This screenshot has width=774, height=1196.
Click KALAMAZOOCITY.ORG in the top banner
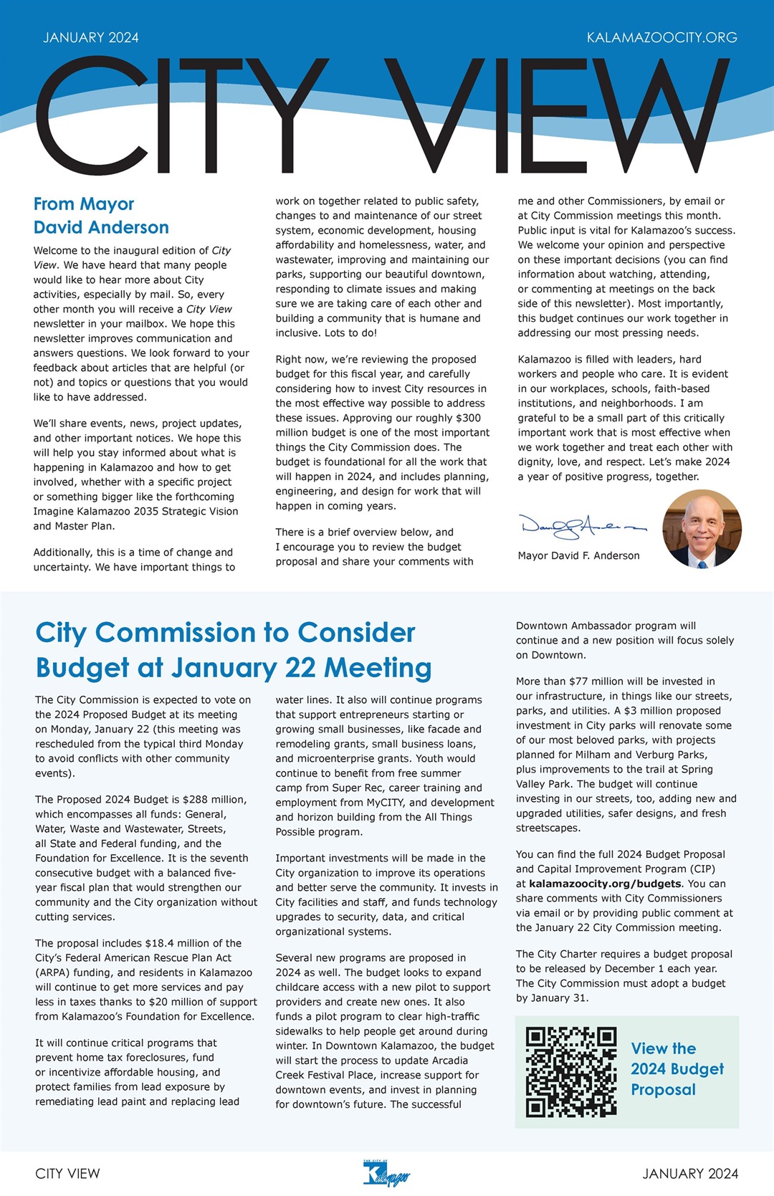tap(661, 37)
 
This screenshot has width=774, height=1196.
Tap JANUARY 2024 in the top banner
tap(91, 37)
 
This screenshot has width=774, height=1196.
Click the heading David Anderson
tap(101, 227)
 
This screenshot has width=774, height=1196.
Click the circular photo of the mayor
tap(702, 529)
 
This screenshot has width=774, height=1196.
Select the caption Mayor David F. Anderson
tap(578, 555)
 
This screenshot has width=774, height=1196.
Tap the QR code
tap(570, 1071)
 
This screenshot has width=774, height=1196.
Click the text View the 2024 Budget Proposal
tap(677, 1068)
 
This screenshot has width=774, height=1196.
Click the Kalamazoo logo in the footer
tap(386, 1173)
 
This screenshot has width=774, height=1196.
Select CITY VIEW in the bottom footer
tap(67, 1173)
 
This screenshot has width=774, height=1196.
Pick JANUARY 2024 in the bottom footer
tap(689, 1173)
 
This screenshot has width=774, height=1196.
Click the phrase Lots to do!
tap(350, 333)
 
